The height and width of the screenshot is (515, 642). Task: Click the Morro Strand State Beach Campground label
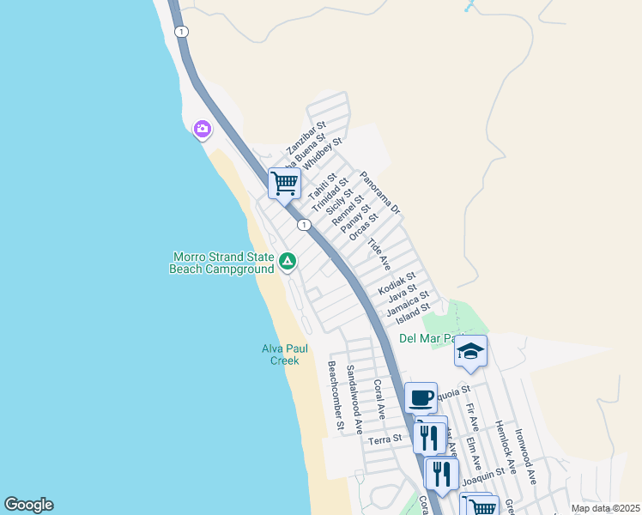coord(223,263)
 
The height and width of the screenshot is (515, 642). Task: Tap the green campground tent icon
coord(288,261)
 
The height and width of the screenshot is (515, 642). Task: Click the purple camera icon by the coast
coord(203,129)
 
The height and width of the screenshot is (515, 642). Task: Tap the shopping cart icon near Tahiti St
coord(284,182)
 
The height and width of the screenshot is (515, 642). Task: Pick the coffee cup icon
coord(421,397)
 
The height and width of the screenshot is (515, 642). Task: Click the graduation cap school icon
coord(470,351)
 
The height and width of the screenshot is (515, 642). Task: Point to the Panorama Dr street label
coord(380,192)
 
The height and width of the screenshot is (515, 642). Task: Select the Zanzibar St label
coord(306,138)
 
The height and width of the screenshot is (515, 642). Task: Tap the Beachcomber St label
coord(336,395)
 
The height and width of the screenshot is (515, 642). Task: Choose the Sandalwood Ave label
coord(354,398)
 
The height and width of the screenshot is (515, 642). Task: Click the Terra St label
coord(385,439)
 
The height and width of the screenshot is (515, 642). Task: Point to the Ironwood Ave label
coord(525,455)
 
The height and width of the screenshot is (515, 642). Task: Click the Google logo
coord(28,505)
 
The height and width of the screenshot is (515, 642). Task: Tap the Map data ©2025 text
coord(605,508)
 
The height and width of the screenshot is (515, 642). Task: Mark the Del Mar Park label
coord(428,338)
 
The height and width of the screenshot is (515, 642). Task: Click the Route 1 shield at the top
coord(181,32)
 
